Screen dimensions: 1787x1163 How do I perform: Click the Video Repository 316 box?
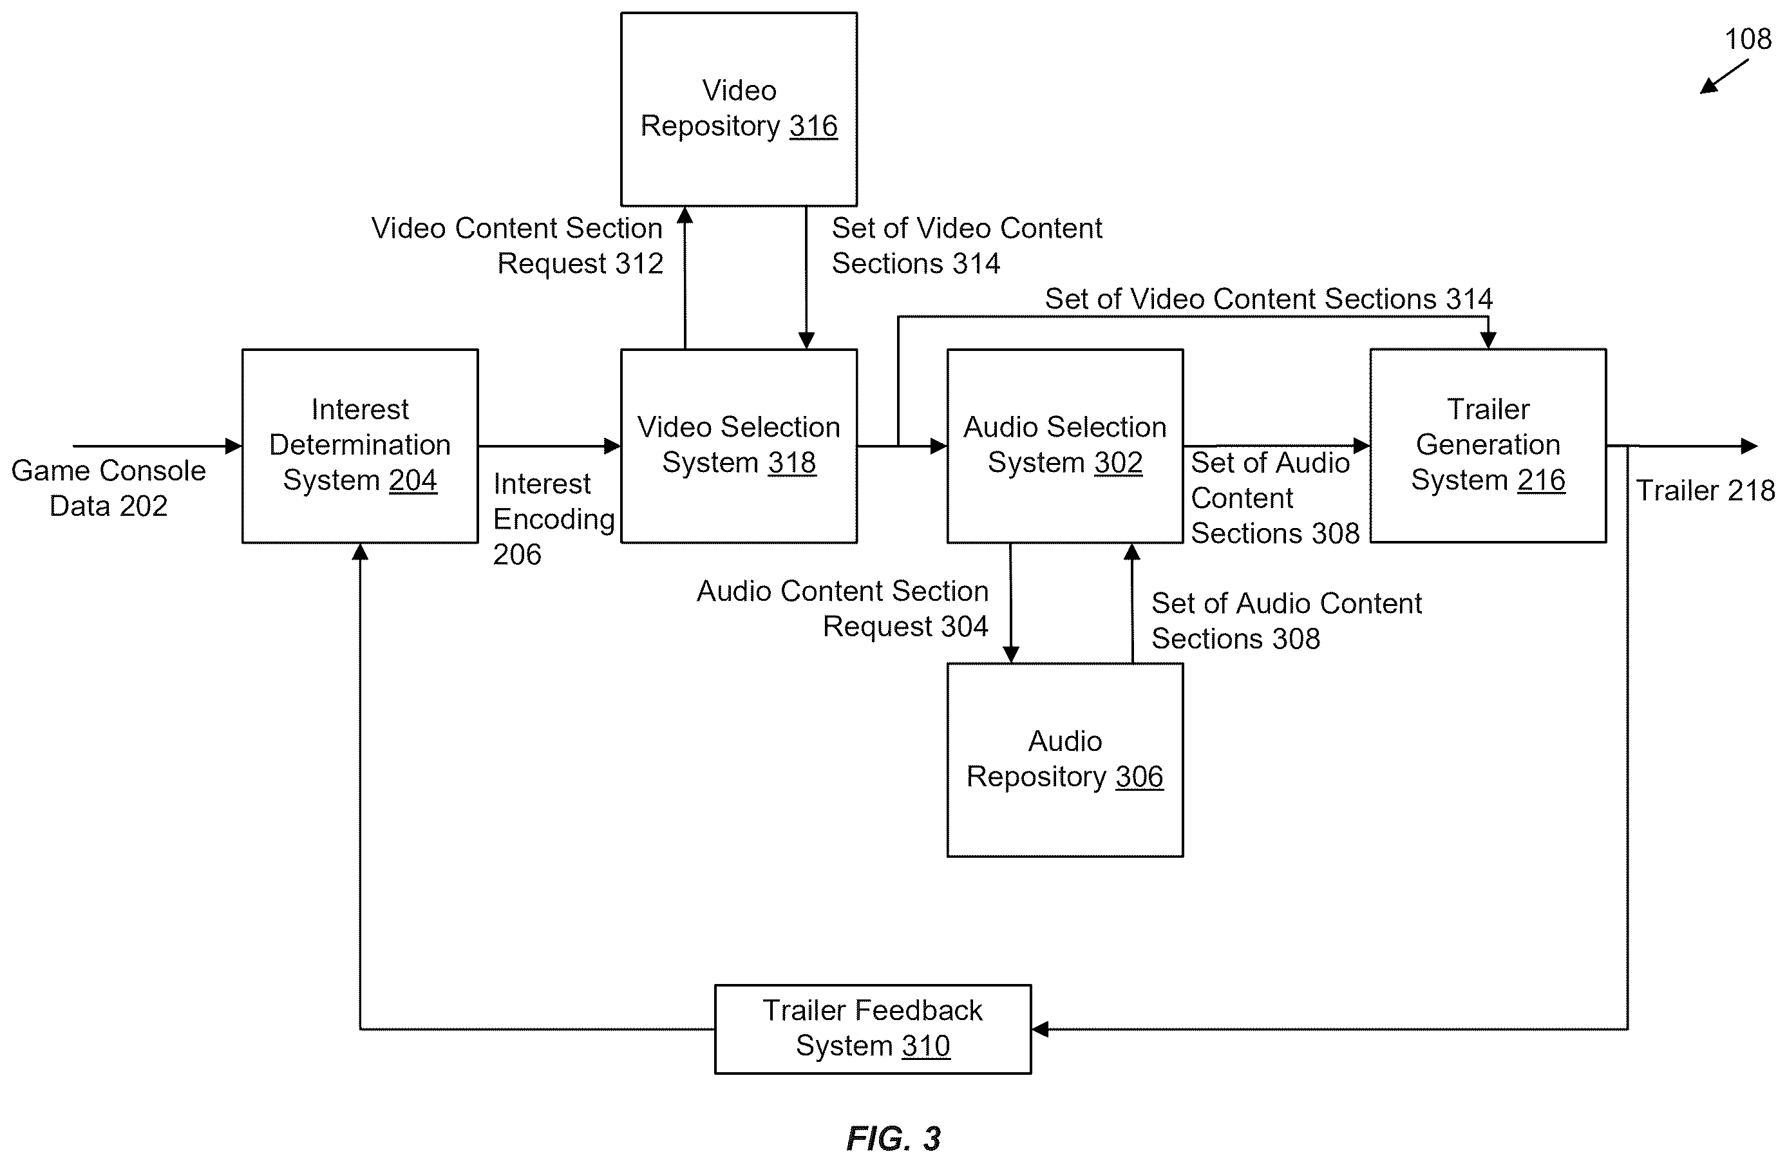[x=739, y=109]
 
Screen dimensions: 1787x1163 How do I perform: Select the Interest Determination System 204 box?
[x=359, y=446]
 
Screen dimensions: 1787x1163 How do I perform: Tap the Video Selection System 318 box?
[x=739, y=446]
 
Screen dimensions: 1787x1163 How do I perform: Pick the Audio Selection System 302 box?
[x=1064, y=446]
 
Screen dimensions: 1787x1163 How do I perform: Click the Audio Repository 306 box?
[x=1064, y=760]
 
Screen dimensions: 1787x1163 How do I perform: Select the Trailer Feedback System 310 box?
[x=873, y=1028]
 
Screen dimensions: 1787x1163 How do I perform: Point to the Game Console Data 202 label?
[x=108, y=488]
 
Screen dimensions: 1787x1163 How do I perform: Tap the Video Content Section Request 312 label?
[x=517, y=245]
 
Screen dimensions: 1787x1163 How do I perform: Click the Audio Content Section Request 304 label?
[x=842, y=608]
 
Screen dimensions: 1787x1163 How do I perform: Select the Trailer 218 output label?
[x=1706, y=490]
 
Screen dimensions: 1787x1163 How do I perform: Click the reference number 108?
[x=1748, y=39]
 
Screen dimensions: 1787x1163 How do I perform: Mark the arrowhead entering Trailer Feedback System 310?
[x=1041, y=1028]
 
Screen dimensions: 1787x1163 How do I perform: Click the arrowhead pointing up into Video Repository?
[x=685, y=216]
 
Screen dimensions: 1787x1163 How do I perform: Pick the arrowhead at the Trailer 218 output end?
[x=1750, y=446]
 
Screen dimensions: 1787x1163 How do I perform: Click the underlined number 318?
[x=792, y=462]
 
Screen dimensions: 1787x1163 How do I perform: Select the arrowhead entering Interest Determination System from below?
[x=359, y=553]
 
